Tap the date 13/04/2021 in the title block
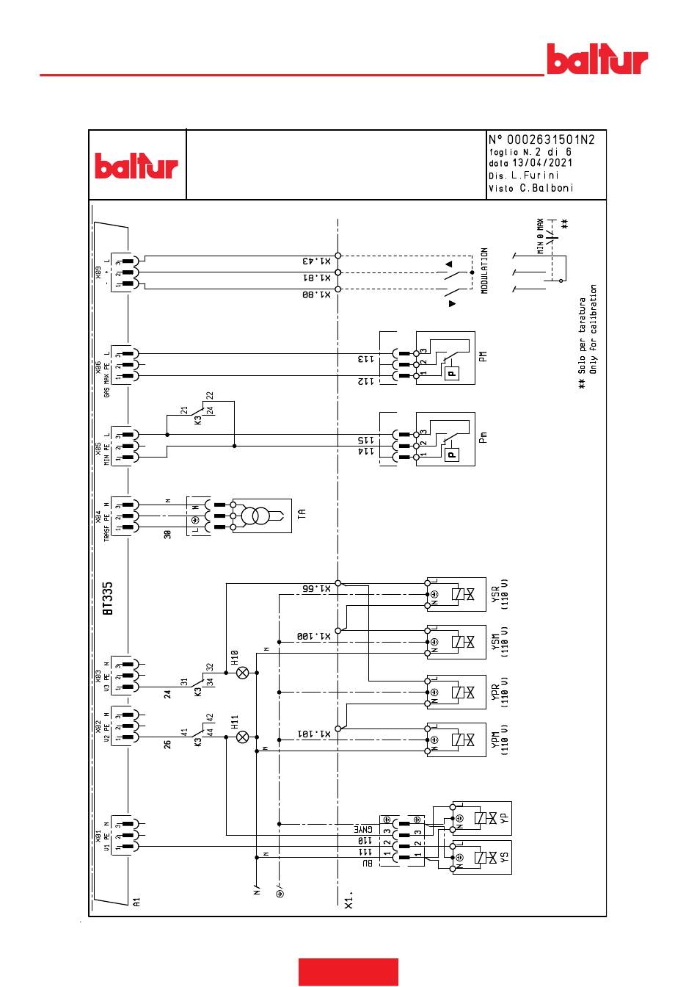[541, 163]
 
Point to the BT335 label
[108, 599]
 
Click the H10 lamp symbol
[243, 672]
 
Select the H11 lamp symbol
[243, 737]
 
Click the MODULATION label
[485, 271]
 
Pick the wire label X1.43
[316, 261]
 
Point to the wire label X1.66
[316, 588]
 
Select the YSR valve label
[495, 594]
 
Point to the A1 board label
[136, 902]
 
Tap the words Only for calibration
[594, 329]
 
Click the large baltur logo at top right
[597, 59]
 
